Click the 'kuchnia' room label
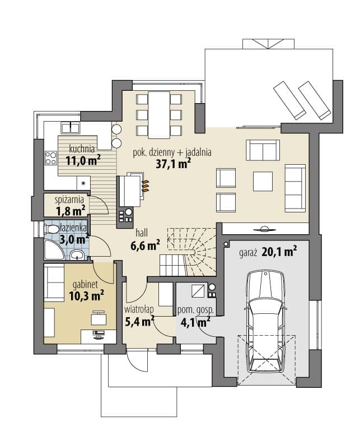click(82, 149)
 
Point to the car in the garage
click(266, 322)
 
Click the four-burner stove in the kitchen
click(51, 157)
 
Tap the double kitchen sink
click(71, 128)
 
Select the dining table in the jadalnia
click(159, 115)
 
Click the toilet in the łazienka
click(51, 229)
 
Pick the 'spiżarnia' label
click(69, 200)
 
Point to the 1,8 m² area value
click(71, 211)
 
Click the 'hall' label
click(142, 233)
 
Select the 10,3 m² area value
click(87, 296)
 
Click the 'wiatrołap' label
click(139, 309)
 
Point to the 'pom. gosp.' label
click(195, 310)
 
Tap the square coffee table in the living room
click(263, 182)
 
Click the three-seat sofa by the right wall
click(295, 188)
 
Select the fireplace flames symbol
click(146, 185)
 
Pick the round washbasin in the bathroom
click(77, 254)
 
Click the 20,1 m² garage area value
click(279, 252)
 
